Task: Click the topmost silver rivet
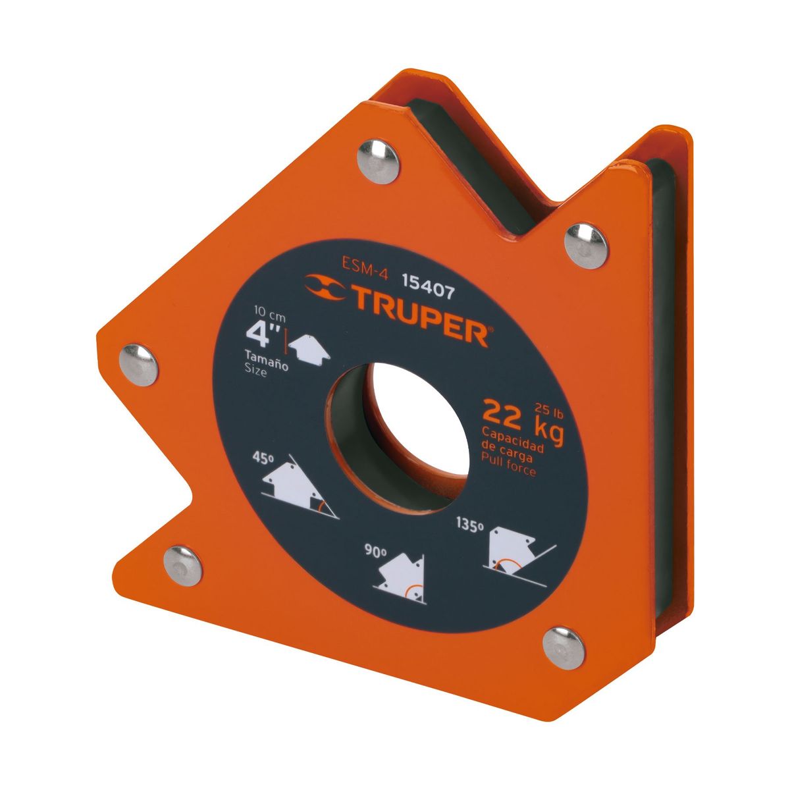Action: [377, 159]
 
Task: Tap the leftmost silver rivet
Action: [140, 364]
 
